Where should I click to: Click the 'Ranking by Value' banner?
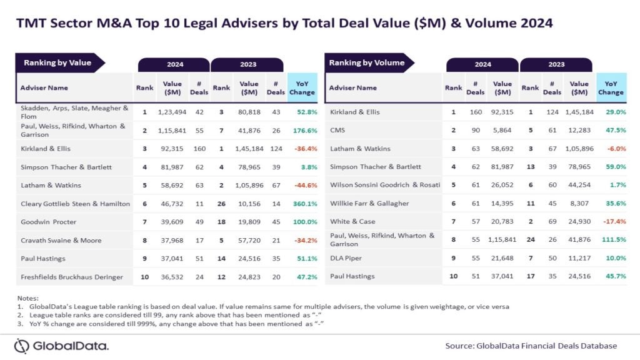pyautogui.click(x=57, y=62)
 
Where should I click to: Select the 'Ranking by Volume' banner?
pyautogui.click(x=367, y=62)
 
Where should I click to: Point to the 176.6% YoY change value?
pyautogui.click(x=302, y=130)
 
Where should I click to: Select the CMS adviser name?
pyautogui.click(x=338, y=130)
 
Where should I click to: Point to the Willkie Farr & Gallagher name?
pyautogui.click(x=369, y=204)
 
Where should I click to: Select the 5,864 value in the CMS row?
pyautogui.click(x=502, y=130)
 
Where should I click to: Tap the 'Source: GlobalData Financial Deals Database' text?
pyautogui.click(x=531, y=346)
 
